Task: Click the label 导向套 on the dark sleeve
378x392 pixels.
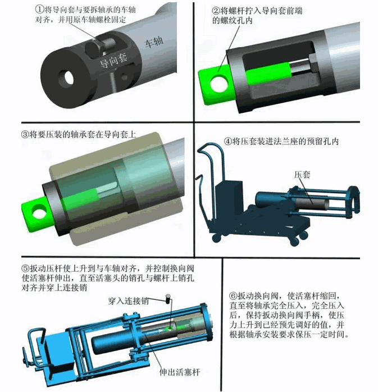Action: click(x=113, y=61)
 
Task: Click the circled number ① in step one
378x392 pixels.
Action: click(x=39, y=10)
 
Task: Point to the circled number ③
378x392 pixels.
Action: click(x=25, y=134)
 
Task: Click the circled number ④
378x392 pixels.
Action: click(x=227, y=142)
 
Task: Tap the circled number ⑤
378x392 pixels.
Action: click(x=26, y=268)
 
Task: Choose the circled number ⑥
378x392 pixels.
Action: click(x=233, y=296)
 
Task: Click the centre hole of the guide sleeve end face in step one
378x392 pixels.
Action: click(x=67, y=78)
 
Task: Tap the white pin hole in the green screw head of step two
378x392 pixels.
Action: click(x=219, y=83)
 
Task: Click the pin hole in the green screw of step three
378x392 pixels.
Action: click(x=40, y=212)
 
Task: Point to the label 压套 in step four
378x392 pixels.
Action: click(x=302, y=175)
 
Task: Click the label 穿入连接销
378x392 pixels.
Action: click(x=129, y=301)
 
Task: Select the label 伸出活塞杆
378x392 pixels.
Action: click(x=180, y=372)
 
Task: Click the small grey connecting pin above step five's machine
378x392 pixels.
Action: click(x=168, y=299)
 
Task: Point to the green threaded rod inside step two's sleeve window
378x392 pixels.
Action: click(x=268, y=72)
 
